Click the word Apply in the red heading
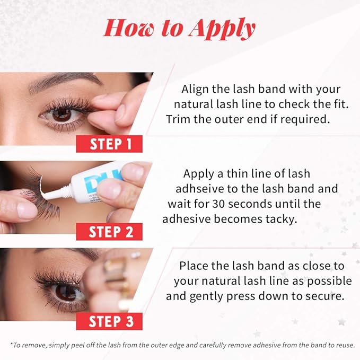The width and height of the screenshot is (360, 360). pos(222,29)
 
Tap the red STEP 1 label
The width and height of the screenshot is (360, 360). pos(109,144)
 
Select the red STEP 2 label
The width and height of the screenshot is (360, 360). pos(109,232)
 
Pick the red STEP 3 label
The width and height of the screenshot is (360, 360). pos(109,321)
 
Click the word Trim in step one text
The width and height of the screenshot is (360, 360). pos(178,119)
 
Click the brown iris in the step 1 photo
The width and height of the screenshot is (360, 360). pos(62,115)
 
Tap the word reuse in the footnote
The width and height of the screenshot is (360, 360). pos(346,345)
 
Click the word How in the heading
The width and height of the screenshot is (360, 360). pos(130,29)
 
